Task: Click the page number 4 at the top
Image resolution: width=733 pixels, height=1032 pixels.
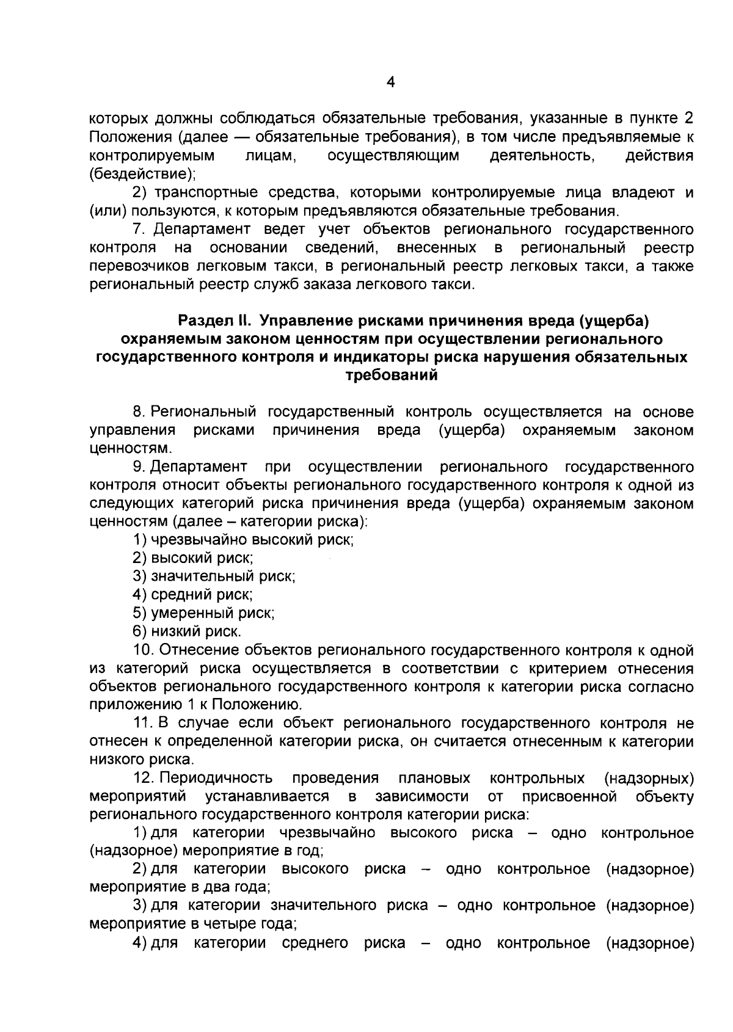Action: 391,83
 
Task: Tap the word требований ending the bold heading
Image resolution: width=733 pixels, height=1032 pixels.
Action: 392,376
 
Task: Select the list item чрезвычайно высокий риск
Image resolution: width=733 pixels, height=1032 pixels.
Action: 244,540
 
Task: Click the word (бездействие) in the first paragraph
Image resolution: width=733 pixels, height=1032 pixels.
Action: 142,174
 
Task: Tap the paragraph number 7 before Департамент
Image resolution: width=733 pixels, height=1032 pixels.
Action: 139,230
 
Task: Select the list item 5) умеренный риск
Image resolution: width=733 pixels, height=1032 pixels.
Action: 203,613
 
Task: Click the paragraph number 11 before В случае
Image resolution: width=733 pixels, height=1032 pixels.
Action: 142,724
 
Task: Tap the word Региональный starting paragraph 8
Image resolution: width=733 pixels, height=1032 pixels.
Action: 203,412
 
